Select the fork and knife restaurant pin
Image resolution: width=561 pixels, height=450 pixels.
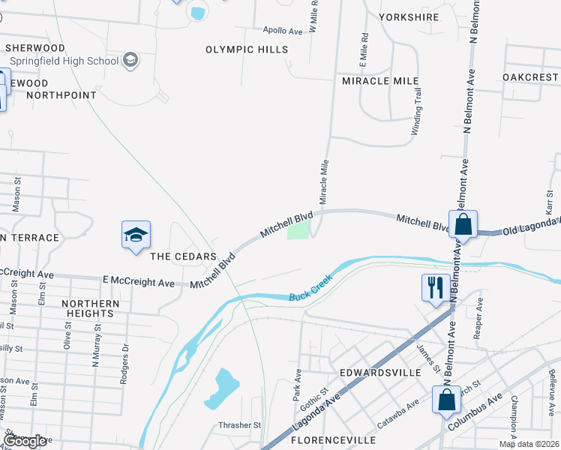point(436,287)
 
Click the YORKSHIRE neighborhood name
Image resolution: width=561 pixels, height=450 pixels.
point(409,16)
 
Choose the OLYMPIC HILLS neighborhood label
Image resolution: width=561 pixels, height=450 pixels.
point(247,49)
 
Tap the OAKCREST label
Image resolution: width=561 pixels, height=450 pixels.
point(530,77)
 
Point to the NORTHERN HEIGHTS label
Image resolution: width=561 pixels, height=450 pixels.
point(91,308)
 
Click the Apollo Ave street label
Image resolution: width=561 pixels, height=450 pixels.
point(283,31)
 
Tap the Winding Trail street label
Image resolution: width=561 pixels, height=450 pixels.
point(417,112)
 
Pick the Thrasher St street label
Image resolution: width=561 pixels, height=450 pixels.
point(239,425)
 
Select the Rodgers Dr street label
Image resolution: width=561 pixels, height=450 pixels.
point(125,364)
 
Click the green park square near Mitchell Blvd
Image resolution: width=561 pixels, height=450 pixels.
point(298,232)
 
